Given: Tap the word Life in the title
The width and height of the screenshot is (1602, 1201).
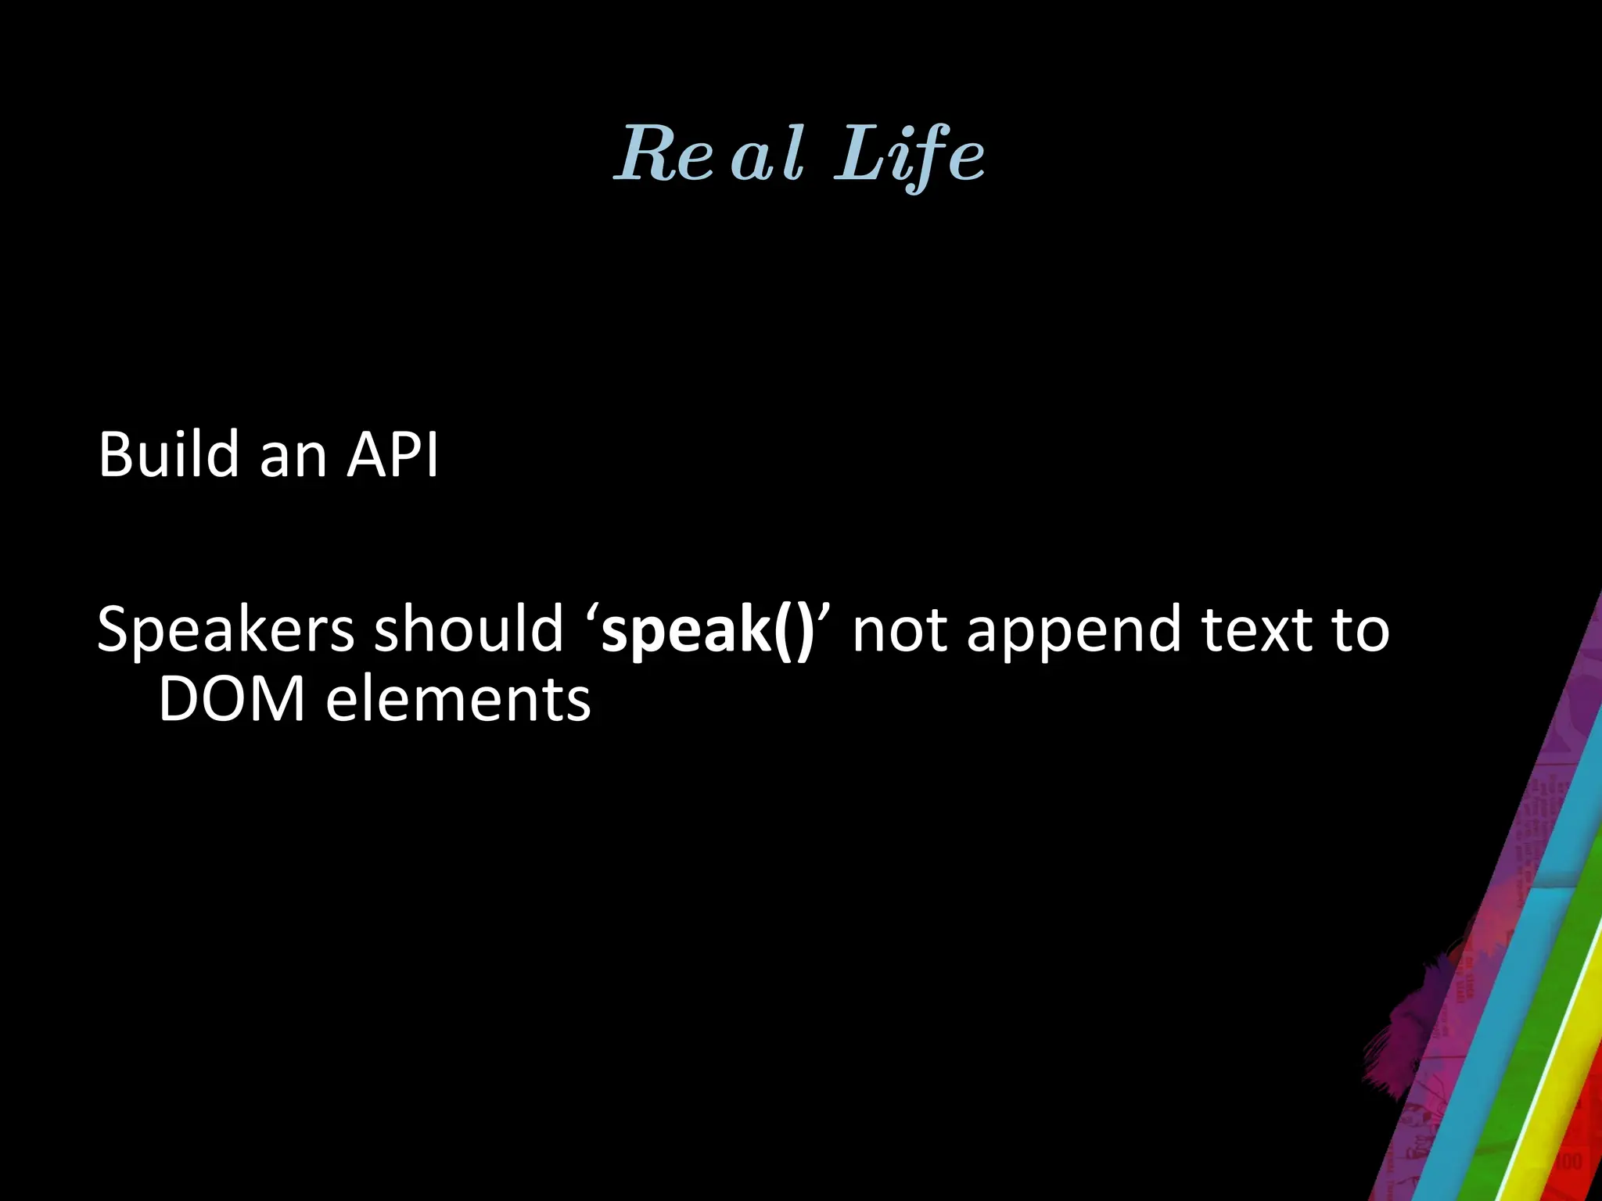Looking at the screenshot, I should pos(909,155).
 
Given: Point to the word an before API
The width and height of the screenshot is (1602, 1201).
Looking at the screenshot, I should pos(293,457).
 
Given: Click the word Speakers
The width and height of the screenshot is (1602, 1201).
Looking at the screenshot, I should pos(225,630).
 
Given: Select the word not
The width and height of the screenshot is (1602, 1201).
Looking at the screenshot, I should pos(898,630).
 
